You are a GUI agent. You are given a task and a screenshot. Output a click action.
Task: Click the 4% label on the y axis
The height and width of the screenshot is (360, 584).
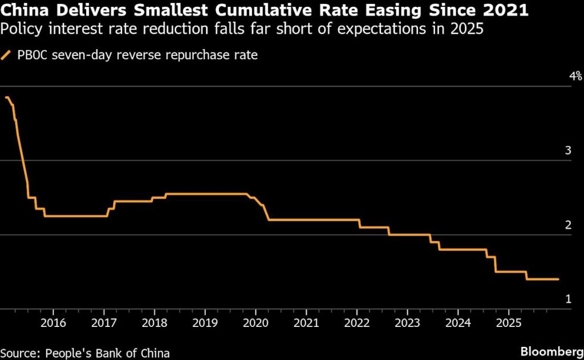pyautogui.click(x=574, y=76)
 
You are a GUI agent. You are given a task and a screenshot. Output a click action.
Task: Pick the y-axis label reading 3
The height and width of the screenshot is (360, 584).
pyautogui.click(x=568, y=151)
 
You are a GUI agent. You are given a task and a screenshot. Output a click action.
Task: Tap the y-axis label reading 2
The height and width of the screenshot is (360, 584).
pyautogui.click(x=568, y=225)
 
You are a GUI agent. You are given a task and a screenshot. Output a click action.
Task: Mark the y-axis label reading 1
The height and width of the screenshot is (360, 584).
pyautogui.click(x=568, y=299)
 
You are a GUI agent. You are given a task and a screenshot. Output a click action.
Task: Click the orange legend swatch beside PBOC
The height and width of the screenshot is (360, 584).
pyautogui.click(x=7, y=55)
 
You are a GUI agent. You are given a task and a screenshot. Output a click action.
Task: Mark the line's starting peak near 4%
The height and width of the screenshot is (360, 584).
pyautogui.click(x=7, y=98)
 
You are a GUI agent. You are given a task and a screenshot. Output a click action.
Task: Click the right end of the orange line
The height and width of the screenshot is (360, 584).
pyautogui.click(x=558, y=279)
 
